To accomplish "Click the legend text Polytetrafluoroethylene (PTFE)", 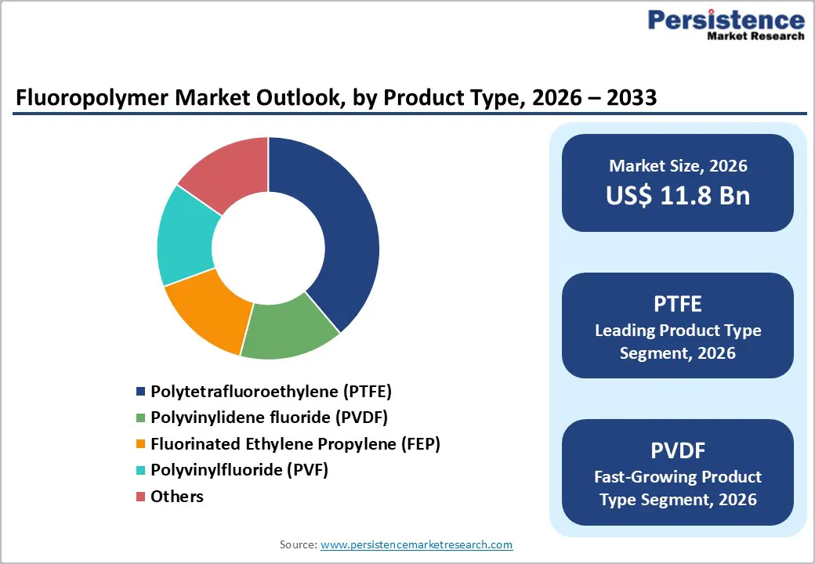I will tap(271, 391).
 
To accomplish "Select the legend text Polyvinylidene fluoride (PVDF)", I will tap(269, 417).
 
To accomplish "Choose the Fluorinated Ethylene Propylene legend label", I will tap(295, 443).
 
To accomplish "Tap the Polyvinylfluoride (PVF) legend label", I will tap(239, 470).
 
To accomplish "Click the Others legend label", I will tap(177, 496).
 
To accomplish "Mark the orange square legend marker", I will tap(140, 444).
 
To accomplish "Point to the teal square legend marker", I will tap(140, 471).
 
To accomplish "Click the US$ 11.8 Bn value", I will tap(678, 196).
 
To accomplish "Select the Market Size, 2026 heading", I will tap(678, 166).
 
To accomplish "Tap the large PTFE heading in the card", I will tap(678, 303).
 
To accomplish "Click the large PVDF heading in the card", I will tap(678, 450).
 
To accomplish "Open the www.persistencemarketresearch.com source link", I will tap(416, 544).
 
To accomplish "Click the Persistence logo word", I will tap(726, 19).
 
